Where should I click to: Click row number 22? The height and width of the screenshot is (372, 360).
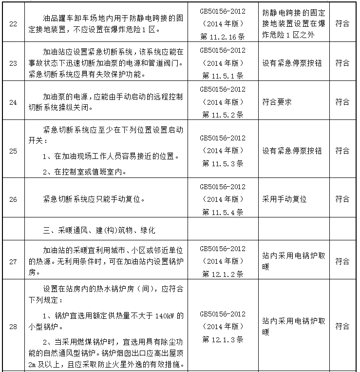[x=13, y=24]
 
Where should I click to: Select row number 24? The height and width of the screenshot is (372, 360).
[x=13, y=102]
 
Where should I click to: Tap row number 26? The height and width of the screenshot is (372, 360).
[x=13, y=199]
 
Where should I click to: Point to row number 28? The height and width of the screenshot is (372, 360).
[x=13, y=327]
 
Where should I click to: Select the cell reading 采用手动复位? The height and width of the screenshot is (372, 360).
[x=285, y=199]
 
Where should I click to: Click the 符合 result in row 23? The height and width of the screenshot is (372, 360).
[x=342, y=63]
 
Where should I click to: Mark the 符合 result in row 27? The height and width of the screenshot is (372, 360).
[x=342, y=262]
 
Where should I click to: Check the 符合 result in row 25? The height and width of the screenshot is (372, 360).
[x=342, y=151]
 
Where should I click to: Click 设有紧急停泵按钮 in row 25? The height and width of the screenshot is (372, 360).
[x=292, y=151]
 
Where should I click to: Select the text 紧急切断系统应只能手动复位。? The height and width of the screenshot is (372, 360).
[x=94, y=199]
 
